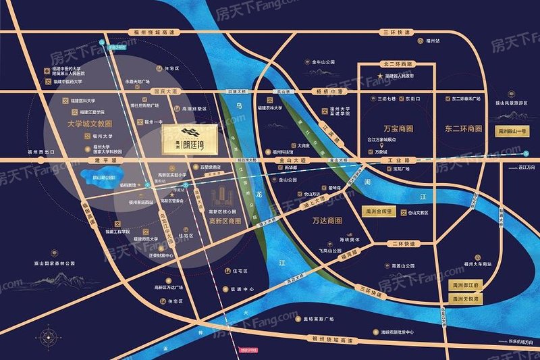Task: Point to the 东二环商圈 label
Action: [x=466, y=128]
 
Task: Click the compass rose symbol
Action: [x=47, y=336]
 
